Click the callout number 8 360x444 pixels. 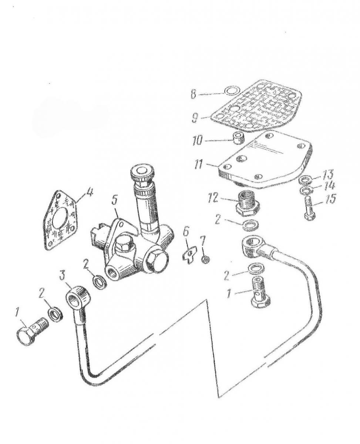pyautogui.click(x=193, y=94)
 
